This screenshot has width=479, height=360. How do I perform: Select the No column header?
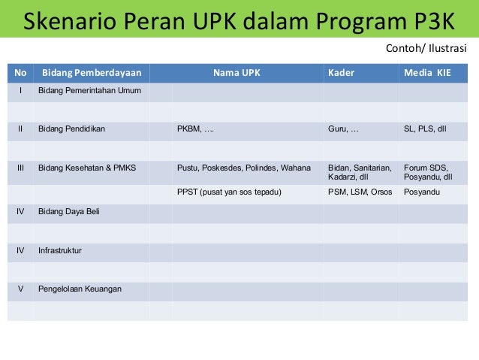click(x=20, y=74)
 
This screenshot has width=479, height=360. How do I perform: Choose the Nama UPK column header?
click(x=236, y=74)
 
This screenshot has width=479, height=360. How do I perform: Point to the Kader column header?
click(x=342, y=74)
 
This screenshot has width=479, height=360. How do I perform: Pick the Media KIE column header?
click(x=427, y=74)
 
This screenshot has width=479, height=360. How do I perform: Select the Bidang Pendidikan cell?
click(x=71, y=129)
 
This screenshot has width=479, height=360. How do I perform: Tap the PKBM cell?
click(x=194, y=129)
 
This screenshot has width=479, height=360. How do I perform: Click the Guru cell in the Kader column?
click(x=343, y=129)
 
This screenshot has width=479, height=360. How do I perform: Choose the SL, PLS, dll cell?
click(x=425, y=129)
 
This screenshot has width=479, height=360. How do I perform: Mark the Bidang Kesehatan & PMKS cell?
click(x=86, y=168)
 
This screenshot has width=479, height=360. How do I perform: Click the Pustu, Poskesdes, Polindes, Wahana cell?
click(x=243, y=168)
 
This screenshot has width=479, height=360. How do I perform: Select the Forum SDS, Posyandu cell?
click(x=428, y=172)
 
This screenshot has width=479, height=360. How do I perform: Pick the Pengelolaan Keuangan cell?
click(x=80, y=289)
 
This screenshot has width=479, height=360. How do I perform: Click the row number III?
click(x=20, y=168)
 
